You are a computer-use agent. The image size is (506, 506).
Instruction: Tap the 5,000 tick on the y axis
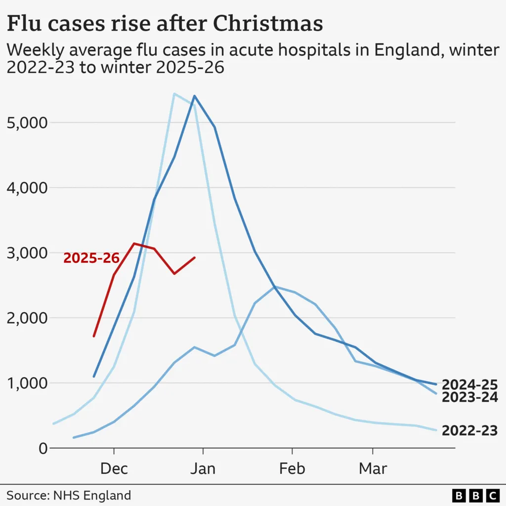click(26, 123)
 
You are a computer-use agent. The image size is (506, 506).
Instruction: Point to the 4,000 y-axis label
click(26, 188)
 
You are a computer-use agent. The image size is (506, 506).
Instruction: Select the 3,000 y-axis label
click(26, 253)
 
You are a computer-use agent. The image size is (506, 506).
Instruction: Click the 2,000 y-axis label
click(26, 318)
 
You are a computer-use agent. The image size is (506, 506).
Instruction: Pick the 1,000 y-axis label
click(26, 383)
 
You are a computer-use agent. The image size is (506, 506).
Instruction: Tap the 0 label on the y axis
click(42, 449)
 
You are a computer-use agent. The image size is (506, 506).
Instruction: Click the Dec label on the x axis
click(114, 468)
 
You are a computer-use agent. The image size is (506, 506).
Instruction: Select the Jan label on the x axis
click(203, 468)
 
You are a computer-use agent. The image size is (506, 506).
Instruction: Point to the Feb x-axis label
click(292, 468)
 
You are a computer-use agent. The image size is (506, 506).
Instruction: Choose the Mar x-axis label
click(373, 468)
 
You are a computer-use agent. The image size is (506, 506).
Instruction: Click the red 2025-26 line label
click(91, 258)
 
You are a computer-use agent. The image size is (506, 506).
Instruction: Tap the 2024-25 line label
click(469, 384)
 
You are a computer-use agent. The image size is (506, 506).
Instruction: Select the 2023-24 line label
click(469, 397)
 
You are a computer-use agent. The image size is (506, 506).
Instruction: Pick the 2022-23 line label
click(469, 430)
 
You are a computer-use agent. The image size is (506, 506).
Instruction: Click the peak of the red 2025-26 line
click(134, 243)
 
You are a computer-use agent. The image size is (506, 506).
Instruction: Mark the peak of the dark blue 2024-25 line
click(194, 96)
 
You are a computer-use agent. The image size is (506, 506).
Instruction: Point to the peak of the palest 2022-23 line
click(174, 93)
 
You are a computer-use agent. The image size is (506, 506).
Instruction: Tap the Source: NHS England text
click(69, 495)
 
